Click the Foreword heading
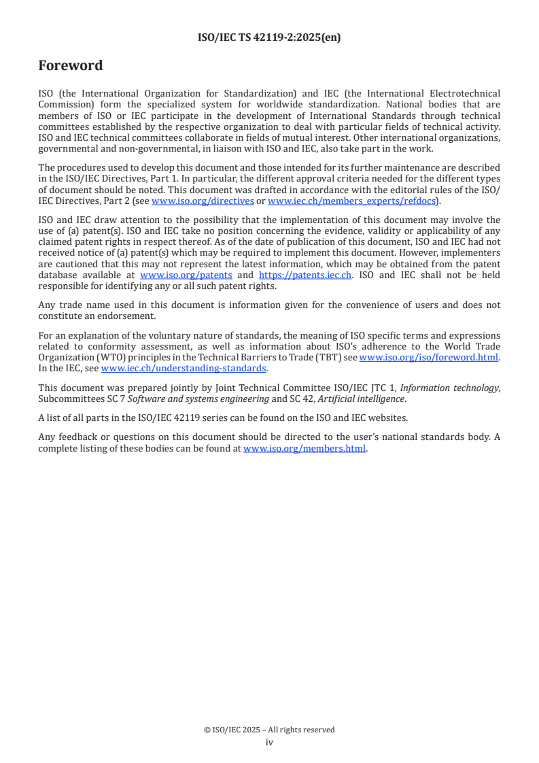tap(71, 65)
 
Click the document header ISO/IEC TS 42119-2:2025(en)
tap(269, 37)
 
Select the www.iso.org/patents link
tap(186, 275)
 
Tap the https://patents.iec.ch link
tap(305, 275)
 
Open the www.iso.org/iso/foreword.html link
tap(428, 358)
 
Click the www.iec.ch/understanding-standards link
tap(184, 369)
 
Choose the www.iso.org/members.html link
tap(305, 449)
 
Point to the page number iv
tap(269, 743)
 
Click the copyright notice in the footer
tap(269, 730)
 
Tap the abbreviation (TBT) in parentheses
tap(326, 358)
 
